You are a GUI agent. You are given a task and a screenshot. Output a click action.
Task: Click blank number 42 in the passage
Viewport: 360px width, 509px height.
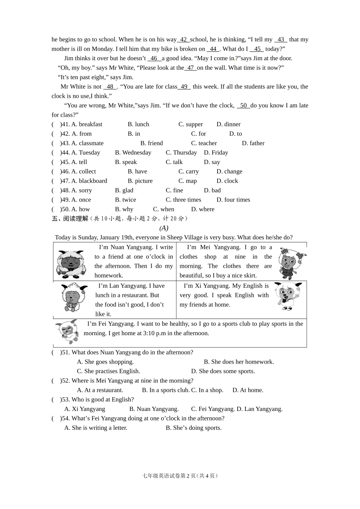pyautogui.click(x=183, y=39)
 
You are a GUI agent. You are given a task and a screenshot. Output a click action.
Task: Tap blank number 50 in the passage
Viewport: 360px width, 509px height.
pyautogui.click(x=243, y=106)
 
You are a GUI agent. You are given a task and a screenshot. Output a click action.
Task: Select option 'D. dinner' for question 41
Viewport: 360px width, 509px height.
pyautogui.click(x=229, y=124)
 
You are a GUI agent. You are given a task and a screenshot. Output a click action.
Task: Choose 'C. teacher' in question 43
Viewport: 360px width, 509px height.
pyautogui.click(x=204, y=143)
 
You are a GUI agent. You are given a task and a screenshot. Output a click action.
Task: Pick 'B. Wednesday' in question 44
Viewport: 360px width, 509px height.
pyautogui.click(x=133, y=153)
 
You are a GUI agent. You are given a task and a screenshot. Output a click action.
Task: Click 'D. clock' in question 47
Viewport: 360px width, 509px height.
pyautogui.click(x=227, y=181)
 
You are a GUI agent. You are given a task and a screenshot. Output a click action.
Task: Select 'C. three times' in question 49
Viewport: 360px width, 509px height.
pyautogui.click(x=183, y=200)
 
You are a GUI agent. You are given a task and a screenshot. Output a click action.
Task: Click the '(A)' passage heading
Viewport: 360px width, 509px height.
pyautogui.click(x=164, y=228)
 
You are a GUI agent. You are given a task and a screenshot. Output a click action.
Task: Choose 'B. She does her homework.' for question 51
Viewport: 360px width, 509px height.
pyautogui.click(x=239, y=362)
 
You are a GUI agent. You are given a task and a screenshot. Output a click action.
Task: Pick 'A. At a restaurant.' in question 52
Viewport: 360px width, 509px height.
pyautogui.click(x=100, y=390)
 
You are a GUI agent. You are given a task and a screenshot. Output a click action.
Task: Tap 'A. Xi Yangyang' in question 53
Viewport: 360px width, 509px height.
pyautogui.click(x=85, y=409)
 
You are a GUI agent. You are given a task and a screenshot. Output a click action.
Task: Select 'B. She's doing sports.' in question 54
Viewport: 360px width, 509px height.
pyautogui.click(x=194, y=428)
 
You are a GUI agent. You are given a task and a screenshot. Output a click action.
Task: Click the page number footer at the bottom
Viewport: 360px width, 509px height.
pyautogui.click(x=180, y=476)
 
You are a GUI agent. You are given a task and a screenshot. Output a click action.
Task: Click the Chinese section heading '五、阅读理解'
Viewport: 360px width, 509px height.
pyautogui.click(x=70, y=219)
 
